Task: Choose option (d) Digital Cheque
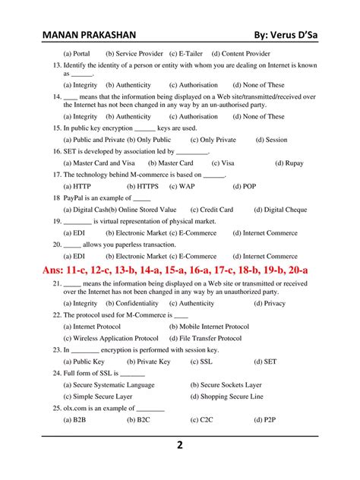(x=280, y=210)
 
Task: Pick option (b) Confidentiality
(x=132, y=303)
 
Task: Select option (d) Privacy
(x=270, y=303)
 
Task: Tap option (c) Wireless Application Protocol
(x=111, y=338)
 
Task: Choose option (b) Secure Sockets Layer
(x=226, y=385)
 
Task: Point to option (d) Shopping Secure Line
(x=226, y=396)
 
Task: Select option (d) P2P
(x=266, y=420)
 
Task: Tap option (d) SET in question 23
(x=266, y=362)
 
